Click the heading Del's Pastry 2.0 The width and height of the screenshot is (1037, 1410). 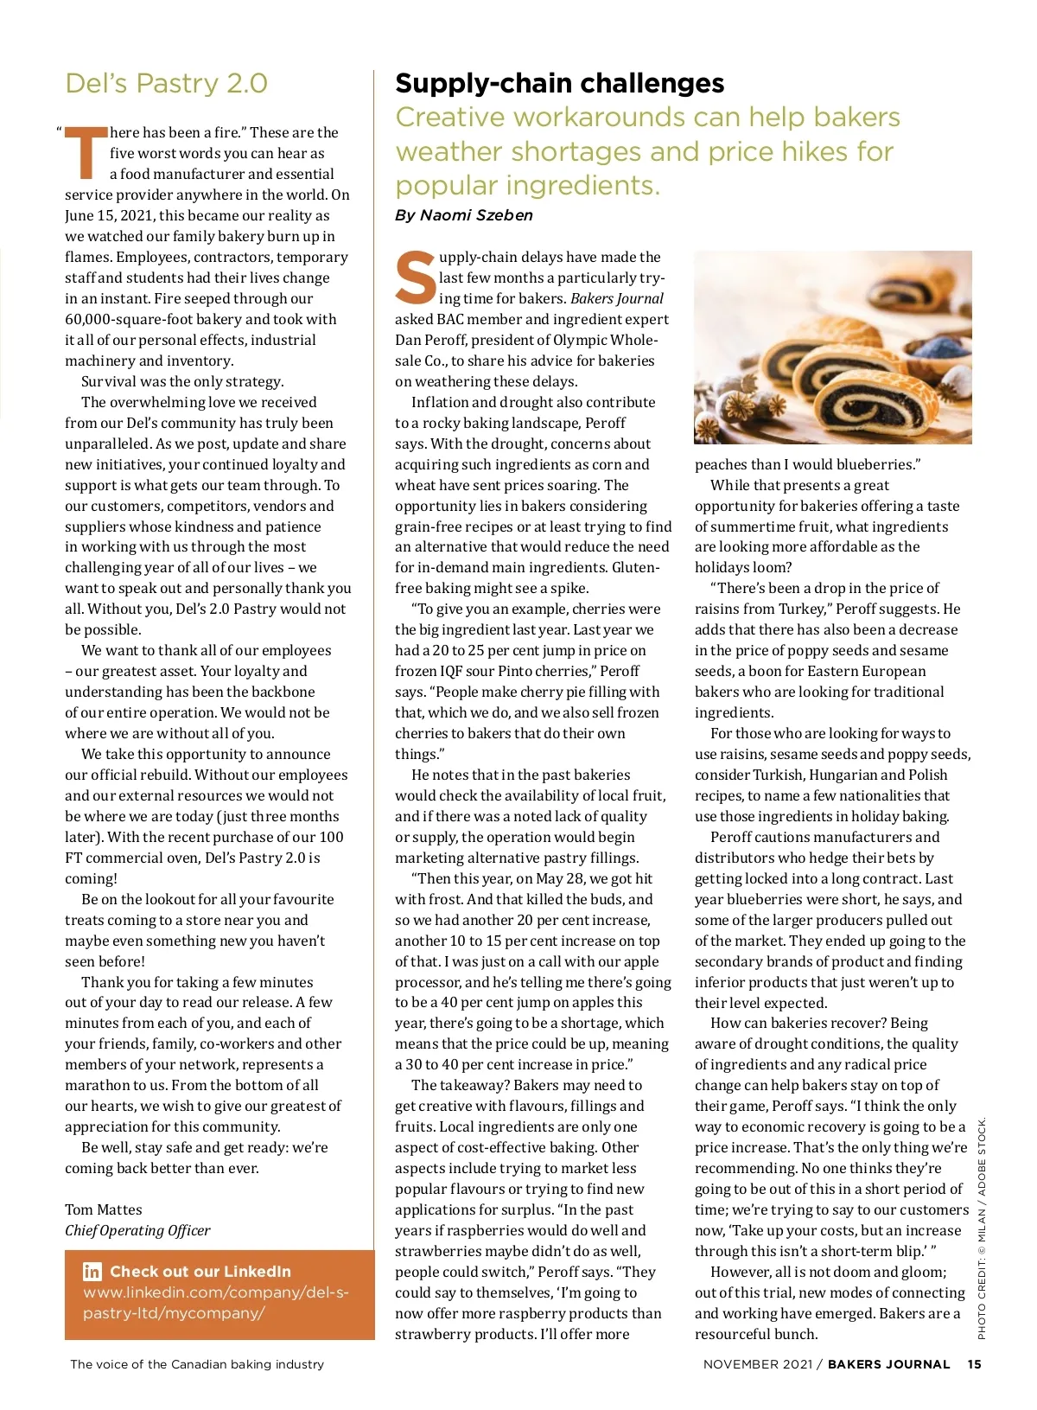point(166,84)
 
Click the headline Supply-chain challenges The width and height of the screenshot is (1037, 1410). point(559,83)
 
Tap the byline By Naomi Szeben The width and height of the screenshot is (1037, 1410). point(463,215)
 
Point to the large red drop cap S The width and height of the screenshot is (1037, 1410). point(416,278)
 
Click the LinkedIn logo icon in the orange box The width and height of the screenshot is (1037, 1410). point(92,1272)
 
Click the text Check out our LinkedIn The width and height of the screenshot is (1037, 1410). point(200,1272)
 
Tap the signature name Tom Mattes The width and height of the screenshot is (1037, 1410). point(104,1209)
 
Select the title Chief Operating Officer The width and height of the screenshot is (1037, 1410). point(137,1230)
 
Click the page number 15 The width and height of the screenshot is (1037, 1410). point(974,1364)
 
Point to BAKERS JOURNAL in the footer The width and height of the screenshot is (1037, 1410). point(888,1364)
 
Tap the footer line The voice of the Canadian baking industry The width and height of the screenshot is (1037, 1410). point(197,1364)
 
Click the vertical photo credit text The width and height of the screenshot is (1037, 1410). point(982,1228)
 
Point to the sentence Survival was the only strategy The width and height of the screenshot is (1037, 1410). point(182,381)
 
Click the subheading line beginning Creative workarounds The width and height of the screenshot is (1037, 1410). point(647,118)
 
